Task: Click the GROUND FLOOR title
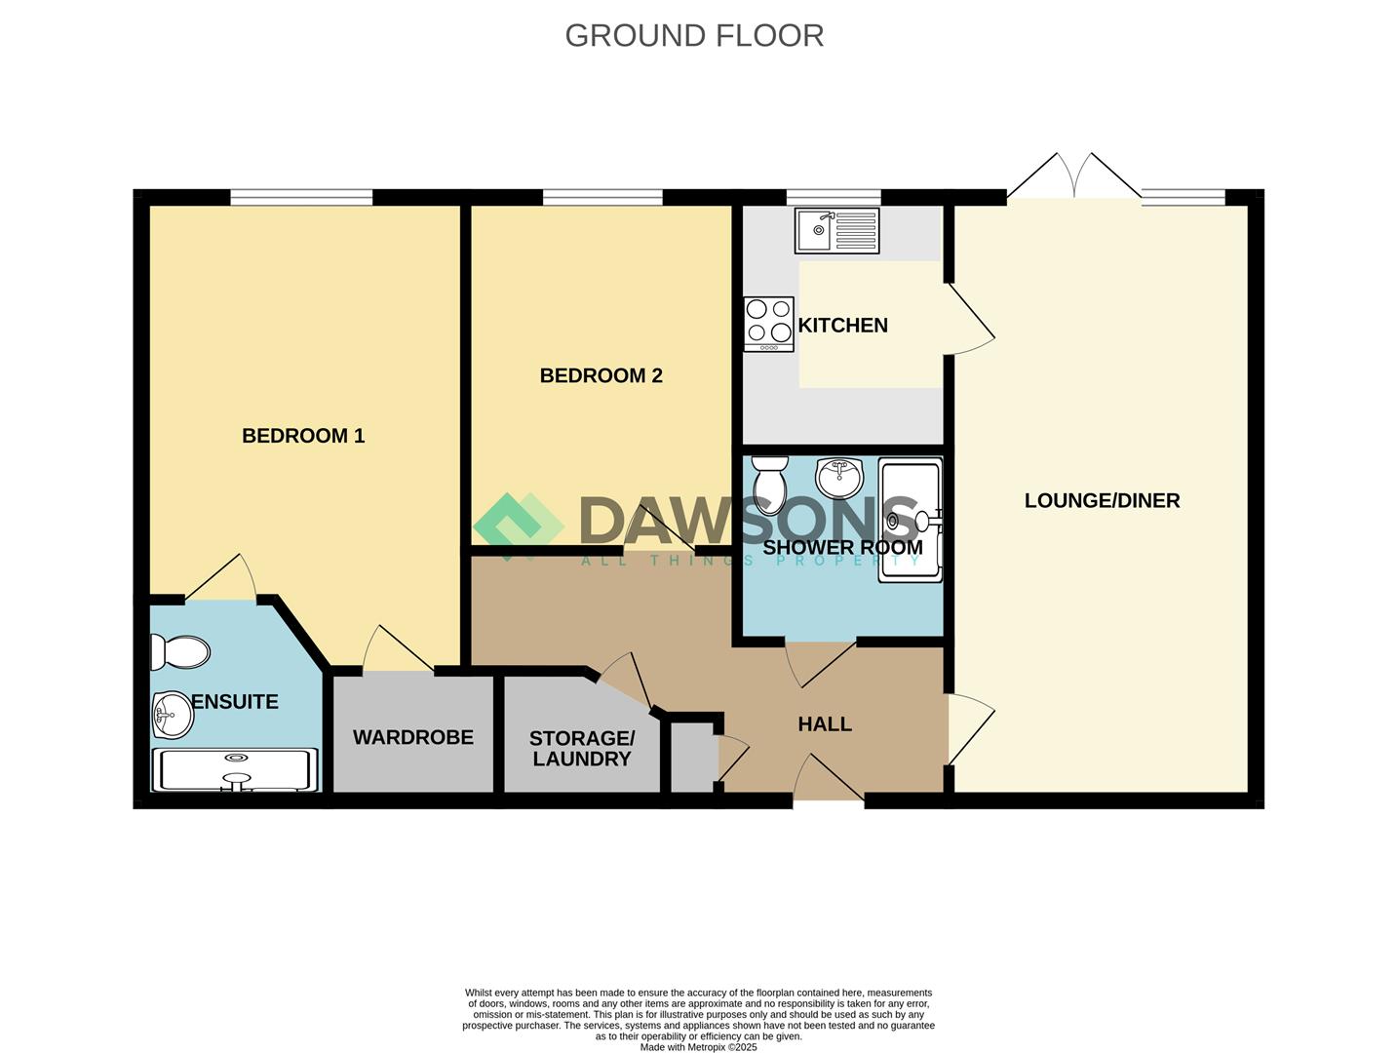tap(694, 36)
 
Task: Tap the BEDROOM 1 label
tap(303, 436)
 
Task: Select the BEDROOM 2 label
tap(601, 375)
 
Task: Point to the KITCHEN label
tap(842, 325)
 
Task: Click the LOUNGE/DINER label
tap(1102, 501)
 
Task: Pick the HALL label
tap(825, 724)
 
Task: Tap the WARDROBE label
tap(413, 737)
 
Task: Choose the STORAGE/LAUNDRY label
tap(582, 749)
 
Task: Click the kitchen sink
tap(836, 230)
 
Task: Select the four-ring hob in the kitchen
tap(769, 324)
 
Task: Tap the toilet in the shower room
tap(770, 486)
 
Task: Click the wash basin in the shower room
tap(839, 479)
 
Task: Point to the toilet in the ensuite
tap(180, 652)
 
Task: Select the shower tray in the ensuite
tap(234, 770)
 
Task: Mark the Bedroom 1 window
tap(301, 197)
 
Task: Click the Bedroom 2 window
tap(602, 197)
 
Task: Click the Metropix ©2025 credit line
tap(698, 1047)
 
